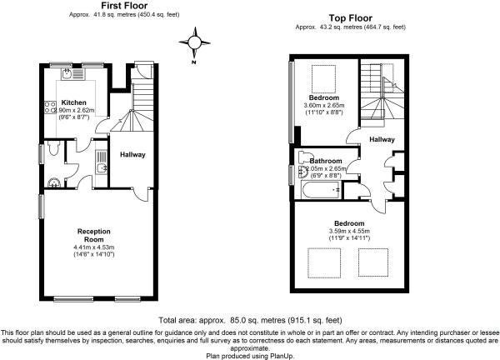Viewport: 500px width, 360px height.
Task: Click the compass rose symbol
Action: coord(194,42)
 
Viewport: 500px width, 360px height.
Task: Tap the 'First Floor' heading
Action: coord(124,6)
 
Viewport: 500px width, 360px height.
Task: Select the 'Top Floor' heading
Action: coord(351,18)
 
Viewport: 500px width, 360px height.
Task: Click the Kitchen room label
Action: coord(73,102)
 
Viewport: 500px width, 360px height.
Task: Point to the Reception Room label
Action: coord(93,235)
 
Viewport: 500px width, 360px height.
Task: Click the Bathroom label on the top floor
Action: coord(326,161)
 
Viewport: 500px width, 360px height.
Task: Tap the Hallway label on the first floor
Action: coord(132,155)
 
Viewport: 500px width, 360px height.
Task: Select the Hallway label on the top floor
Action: coord(382,139)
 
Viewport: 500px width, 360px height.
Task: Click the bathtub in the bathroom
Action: coord(321,190)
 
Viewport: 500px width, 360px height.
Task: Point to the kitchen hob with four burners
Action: coord(50,107)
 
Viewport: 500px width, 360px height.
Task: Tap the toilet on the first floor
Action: coord(53,148)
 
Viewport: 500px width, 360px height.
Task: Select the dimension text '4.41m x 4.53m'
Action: coord(93,247)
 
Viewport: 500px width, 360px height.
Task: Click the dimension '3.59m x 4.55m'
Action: coord(349,231)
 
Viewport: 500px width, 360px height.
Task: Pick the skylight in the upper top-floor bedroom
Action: coord(323,79)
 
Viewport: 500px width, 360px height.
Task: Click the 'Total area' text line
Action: coord(250,320)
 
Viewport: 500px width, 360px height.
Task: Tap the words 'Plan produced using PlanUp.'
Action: coord(250,356)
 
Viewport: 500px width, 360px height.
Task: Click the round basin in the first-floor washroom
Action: coord(54,183)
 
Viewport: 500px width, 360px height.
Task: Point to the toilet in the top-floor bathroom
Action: coord(303,157)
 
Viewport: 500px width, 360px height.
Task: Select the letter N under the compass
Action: coord(194,62)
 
